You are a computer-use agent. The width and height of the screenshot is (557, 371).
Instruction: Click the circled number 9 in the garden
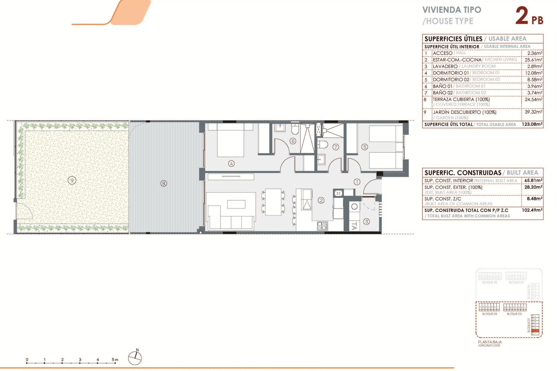click(x=72, y=181)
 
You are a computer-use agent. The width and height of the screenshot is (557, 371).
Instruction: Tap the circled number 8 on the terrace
click(x=164, y=183)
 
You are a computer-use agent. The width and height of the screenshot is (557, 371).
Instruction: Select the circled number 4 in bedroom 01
click(x=231, y=163)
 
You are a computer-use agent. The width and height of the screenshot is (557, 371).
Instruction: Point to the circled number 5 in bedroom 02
click(x=365, y=147)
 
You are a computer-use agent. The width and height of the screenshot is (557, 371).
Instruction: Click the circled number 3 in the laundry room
click(x=366, y=222)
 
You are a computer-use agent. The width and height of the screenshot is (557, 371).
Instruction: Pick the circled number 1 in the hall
click(x=357, y=182)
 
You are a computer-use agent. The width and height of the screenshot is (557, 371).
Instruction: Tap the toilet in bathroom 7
click(x=323, y=144)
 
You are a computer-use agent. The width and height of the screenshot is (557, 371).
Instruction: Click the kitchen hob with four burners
click(x=322, y=226)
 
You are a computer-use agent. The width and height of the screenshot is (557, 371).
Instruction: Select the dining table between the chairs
click(x=273, y=202)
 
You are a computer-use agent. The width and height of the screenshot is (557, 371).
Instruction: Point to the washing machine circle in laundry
click(x=354, y=207)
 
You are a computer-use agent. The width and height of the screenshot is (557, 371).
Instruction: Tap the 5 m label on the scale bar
click(x=115, y=360)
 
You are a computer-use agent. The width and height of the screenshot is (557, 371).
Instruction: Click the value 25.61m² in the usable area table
click(x=533, y=60)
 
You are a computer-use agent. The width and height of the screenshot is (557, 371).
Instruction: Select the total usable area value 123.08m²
click(x=532, y=124)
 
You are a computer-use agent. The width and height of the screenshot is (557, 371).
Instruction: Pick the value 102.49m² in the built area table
click(x=532, y=210)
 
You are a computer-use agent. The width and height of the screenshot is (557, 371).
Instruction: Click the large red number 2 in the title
click(x=522, y=16)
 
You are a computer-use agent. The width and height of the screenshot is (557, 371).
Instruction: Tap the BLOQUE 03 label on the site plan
click(x=489, y=314)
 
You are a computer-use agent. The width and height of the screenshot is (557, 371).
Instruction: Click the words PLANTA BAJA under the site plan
click(x=490, y=342)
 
